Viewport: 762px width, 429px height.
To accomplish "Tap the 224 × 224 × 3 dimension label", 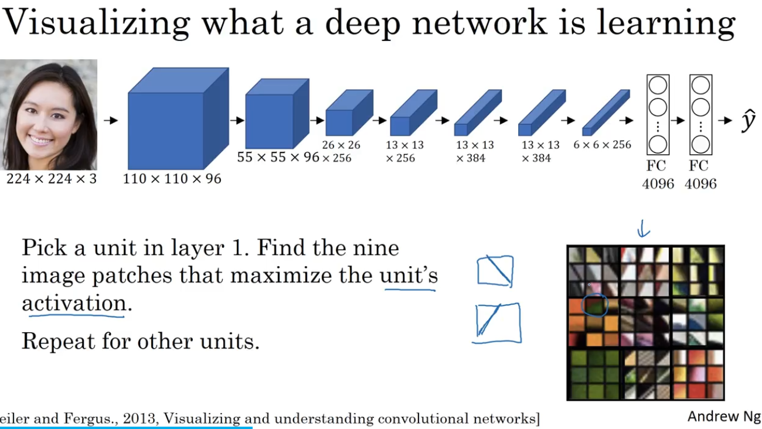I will pyautogui.click(x=51, y=179).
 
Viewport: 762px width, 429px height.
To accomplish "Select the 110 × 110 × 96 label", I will pyautogui.click(x=172, y=179).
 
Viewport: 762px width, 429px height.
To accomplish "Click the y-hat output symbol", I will pyautogui.click(x=747, y=121).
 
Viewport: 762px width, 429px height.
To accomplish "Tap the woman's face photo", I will pyautogui.click(x=48, y=114).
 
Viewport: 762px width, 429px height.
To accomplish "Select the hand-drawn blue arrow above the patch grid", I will pyautogui.click(x=642, y=229).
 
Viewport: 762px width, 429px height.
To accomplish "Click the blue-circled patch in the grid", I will pyautogui.click(x=594, y=305).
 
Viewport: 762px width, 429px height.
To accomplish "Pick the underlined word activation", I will pyautogui.click(x=73, y=303).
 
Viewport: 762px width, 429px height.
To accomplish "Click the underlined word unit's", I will pyautogui.click(x=409, y=275).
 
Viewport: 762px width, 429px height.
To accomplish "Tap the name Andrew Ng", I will pyautogui.click(x=723, y=416).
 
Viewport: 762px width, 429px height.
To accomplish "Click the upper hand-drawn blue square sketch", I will pyautogui.click(x=495, y=271).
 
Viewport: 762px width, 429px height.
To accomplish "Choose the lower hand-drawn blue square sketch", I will pyautogui.click(x=497, y=322).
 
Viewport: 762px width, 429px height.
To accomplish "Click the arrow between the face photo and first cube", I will pyautogui.click(x=111, y=121).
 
